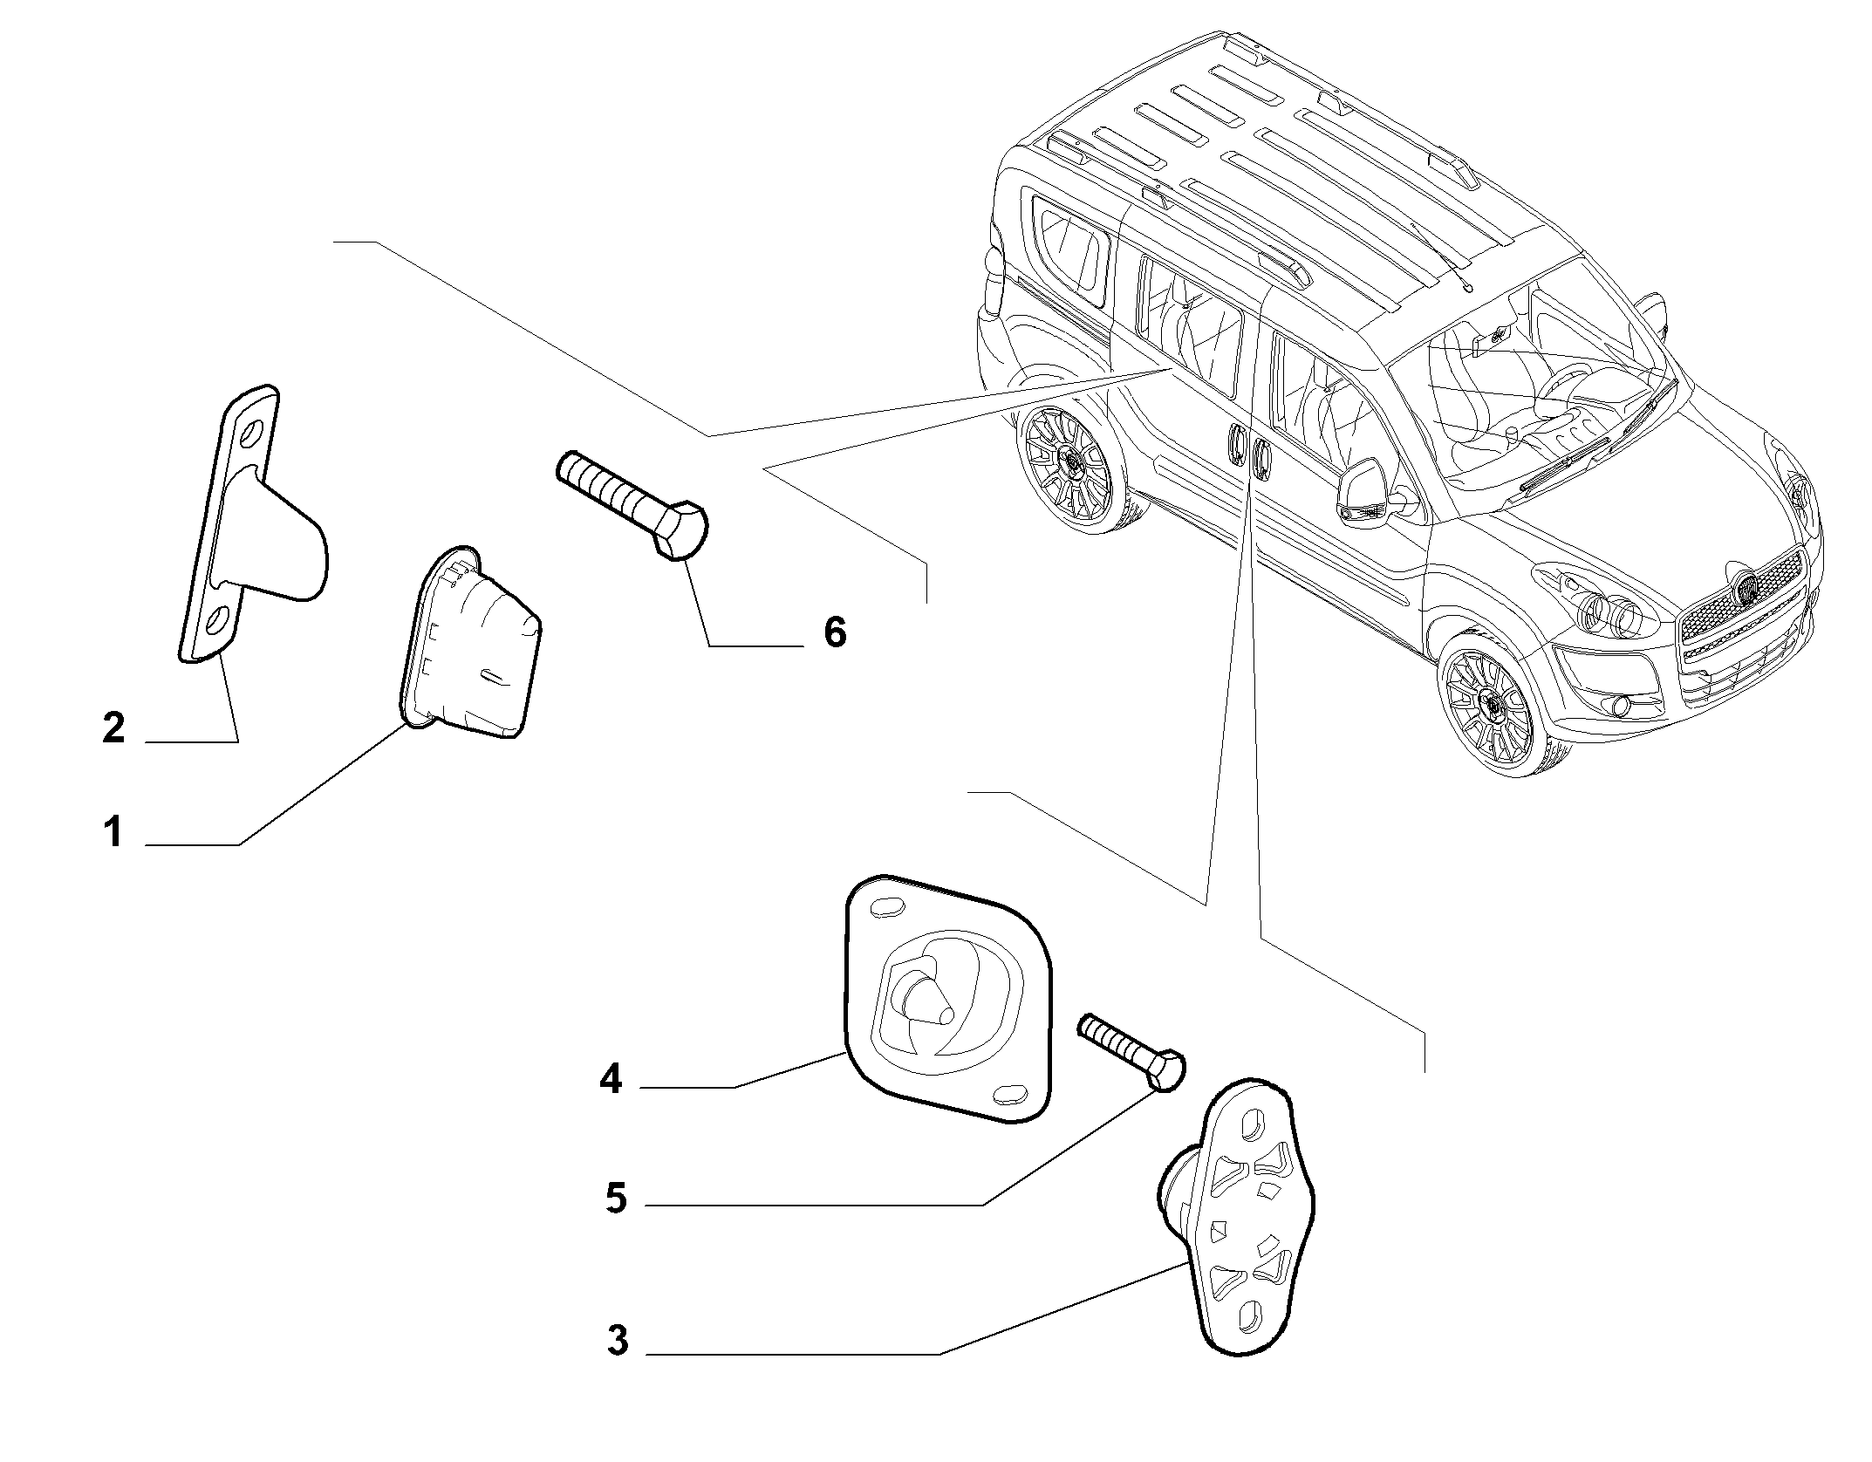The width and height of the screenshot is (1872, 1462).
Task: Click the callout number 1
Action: coord(113,832)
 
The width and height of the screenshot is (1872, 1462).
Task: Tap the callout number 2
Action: coord(113,728)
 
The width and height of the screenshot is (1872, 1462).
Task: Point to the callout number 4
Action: coord(611,1080)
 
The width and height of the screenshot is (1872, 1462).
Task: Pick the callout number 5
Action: coord(616,1199)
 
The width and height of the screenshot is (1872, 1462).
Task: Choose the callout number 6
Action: coord(835,632)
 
